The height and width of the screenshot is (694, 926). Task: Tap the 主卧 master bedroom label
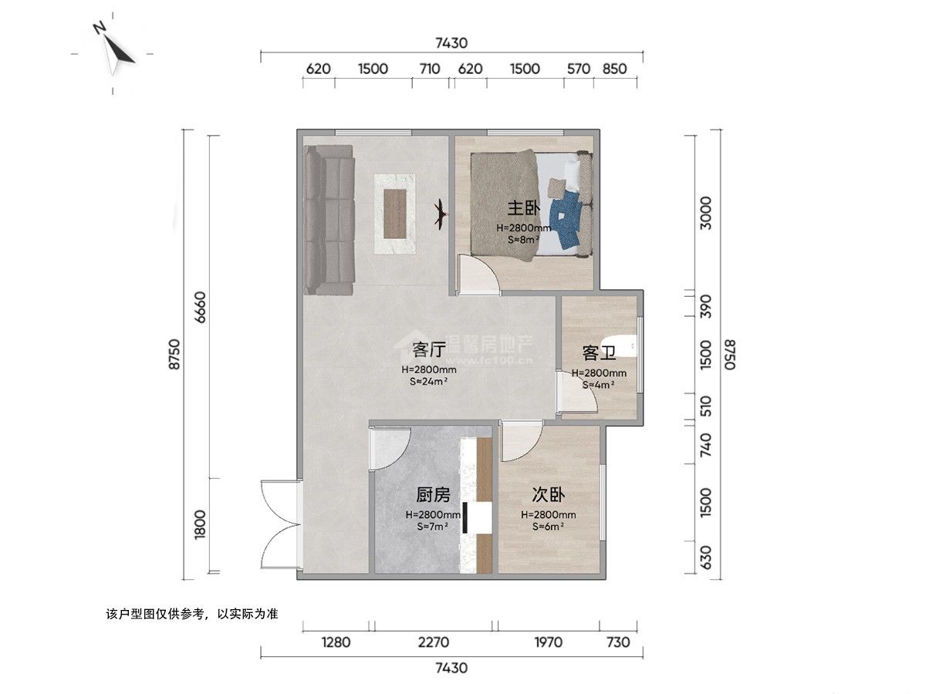click(523, 208)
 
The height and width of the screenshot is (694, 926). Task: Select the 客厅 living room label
click(429, 349)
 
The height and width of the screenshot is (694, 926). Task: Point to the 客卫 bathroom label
click(599, 353)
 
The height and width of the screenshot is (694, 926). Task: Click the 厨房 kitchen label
click(433, 495)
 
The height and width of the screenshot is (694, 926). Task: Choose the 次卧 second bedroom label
click(548, 495)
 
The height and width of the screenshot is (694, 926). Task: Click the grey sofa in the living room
click(330, 220)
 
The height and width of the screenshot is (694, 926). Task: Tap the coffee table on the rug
click(395, 214)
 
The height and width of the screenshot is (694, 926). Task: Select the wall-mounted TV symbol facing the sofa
click(441, 214)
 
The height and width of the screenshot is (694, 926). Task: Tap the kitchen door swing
click(390, 449)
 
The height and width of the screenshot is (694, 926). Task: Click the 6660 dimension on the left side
click(201, 307)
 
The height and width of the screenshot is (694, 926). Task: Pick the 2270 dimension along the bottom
click(433, 642)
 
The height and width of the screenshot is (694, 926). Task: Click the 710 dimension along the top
click(430, 69)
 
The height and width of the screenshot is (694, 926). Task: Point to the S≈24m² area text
click(428, 382)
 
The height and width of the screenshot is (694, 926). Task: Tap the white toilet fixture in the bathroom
click(620, 346)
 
